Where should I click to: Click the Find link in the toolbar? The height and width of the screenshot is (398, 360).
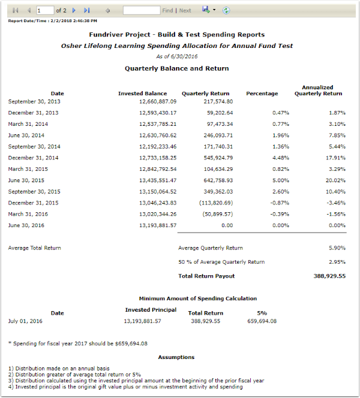tap(167, 10)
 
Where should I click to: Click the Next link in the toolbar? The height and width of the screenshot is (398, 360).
tap(185, 10)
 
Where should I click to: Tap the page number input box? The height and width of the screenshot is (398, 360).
tap(44, 10)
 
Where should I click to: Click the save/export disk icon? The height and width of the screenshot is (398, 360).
tap(206, 10)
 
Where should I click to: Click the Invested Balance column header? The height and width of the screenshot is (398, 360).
tap(142, 94)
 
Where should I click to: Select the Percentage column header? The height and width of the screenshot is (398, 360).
tap(262, 94)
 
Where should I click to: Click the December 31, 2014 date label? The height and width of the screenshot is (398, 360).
tap(34, 158)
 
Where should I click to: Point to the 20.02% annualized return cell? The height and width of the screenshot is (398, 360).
tap(334, 180)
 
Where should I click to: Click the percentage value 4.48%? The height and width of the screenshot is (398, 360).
tap(281, 158)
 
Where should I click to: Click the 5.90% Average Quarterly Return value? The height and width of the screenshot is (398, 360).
tap(337, 248)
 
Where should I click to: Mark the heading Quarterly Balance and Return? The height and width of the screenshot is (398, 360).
tap(176, 68)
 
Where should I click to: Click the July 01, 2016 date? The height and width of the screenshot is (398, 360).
tap(26, 321)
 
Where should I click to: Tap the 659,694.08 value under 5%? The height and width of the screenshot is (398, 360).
tap(262, 321)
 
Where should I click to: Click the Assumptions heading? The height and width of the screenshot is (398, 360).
tap(176, 357)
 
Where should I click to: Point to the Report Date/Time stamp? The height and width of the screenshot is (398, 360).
tap(53, 21)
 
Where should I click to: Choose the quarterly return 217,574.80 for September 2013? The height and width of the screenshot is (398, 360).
tap(215, 101)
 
